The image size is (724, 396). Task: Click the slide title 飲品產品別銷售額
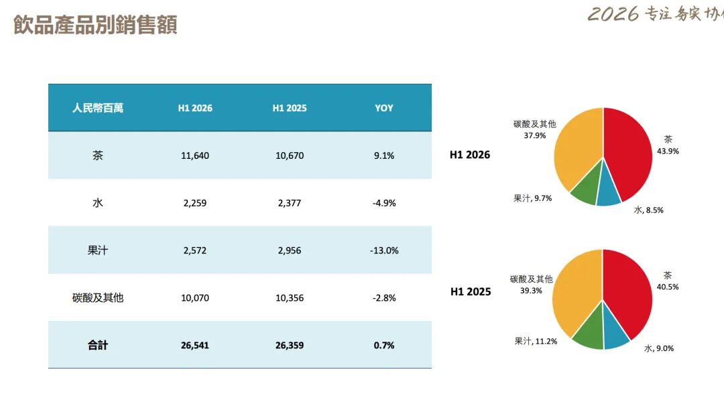click(95, 25)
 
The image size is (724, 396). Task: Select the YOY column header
click(383, 108)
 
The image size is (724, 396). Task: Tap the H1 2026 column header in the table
click(195, 108)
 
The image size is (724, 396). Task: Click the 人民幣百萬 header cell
click(98, 108)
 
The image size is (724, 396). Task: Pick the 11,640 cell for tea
click(195, 155)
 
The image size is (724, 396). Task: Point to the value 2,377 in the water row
click(290, 203)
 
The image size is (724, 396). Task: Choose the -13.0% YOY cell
click(384, 251)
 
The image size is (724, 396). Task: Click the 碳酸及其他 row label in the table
click(98, 298)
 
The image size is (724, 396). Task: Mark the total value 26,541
click(195, 345)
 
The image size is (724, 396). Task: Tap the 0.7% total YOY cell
click(384, 345)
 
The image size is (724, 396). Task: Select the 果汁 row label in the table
click(98, 250)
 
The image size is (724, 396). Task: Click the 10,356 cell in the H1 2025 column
click(290, 298)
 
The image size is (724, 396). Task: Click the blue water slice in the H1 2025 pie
click(615, 332)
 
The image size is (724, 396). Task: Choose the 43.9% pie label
click(668, 151)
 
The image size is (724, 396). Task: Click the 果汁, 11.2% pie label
click(536, 342)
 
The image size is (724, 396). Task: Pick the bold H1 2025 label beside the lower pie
click(471, 291)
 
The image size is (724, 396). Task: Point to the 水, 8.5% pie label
click(649, 210)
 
